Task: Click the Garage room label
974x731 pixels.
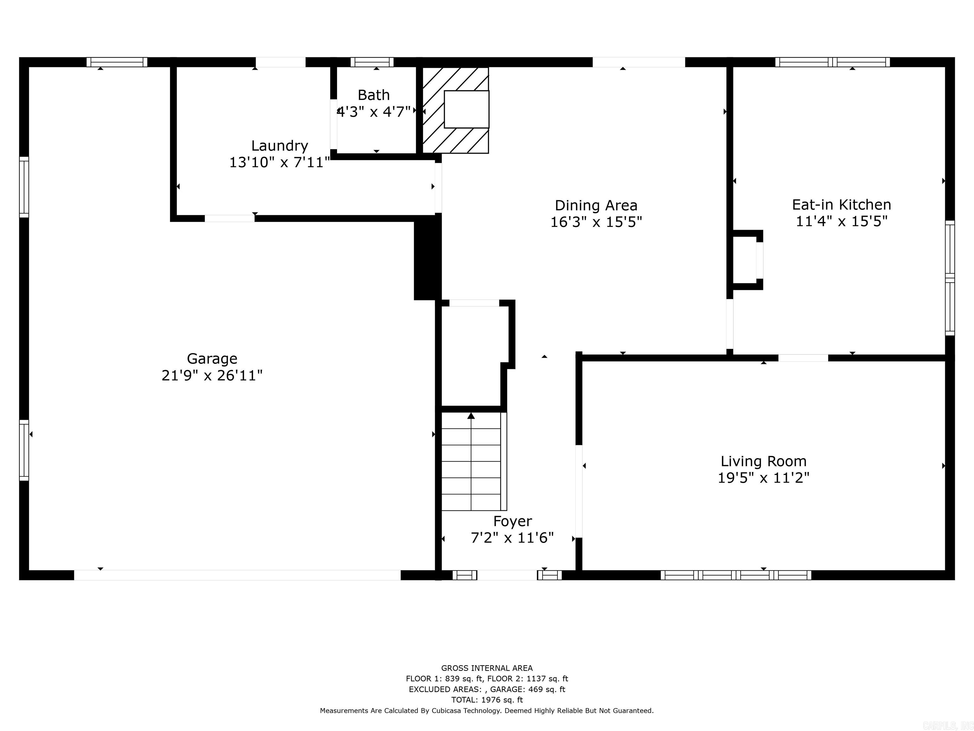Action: [x=212, y=359]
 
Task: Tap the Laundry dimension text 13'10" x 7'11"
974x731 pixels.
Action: [x=279, y=162]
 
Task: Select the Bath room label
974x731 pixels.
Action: [x=373, y=95]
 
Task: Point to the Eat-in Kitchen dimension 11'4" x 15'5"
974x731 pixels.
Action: [x=841, y=221]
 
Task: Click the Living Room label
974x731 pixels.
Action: [x=763, y=461]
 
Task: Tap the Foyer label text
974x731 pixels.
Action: [x=512, y=521]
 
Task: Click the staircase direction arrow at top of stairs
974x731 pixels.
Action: [x=471, y=416]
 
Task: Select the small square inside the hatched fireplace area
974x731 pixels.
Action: [x=466, y=109]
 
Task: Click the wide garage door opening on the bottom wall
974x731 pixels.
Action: [x=237, y=575]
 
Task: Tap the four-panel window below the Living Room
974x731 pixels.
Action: [x=735, y=575]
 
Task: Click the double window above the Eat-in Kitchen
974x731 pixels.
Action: [x=832, y=62]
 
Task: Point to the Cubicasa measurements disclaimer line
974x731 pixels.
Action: [x=487, y=710]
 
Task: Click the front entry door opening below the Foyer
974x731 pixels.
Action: [x=507, y=575]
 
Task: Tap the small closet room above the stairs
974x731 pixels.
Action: [x=473, y=355]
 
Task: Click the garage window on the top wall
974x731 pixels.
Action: [x=117, y=62]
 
